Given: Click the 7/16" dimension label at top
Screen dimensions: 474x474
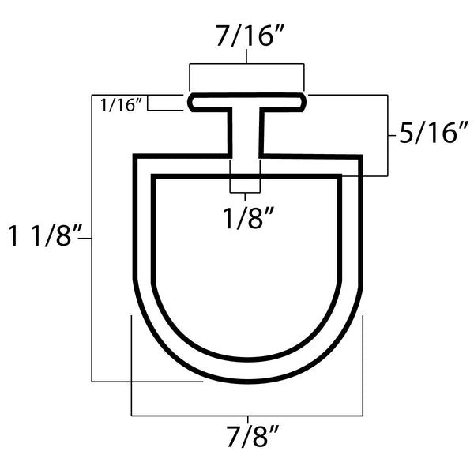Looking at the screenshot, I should click(x=246, y=36).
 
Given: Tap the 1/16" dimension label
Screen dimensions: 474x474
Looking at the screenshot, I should click(x=121, y=104).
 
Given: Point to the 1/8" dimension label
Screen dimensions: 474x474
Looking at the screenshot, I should click(x=244, y=214).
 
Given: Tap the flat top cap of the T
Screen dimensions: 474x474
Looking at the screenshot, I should click(x=246, y=100).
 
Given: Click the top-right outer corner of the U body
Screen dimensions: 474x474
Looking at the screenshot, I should click(x=360, y=158).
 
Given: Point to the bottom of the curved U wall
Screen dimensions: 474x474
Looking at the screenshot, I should click(x=246, y=371).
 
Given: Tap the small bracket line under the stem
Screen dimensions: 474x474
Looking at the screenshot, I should click(x=245, y=192).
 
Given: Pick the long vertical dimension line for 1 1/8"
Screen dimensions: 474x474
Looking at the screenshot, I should click(x=93, y=237).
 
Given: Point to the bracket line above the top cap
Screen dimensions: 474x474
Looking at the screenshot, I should click(x=246, y=63).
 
